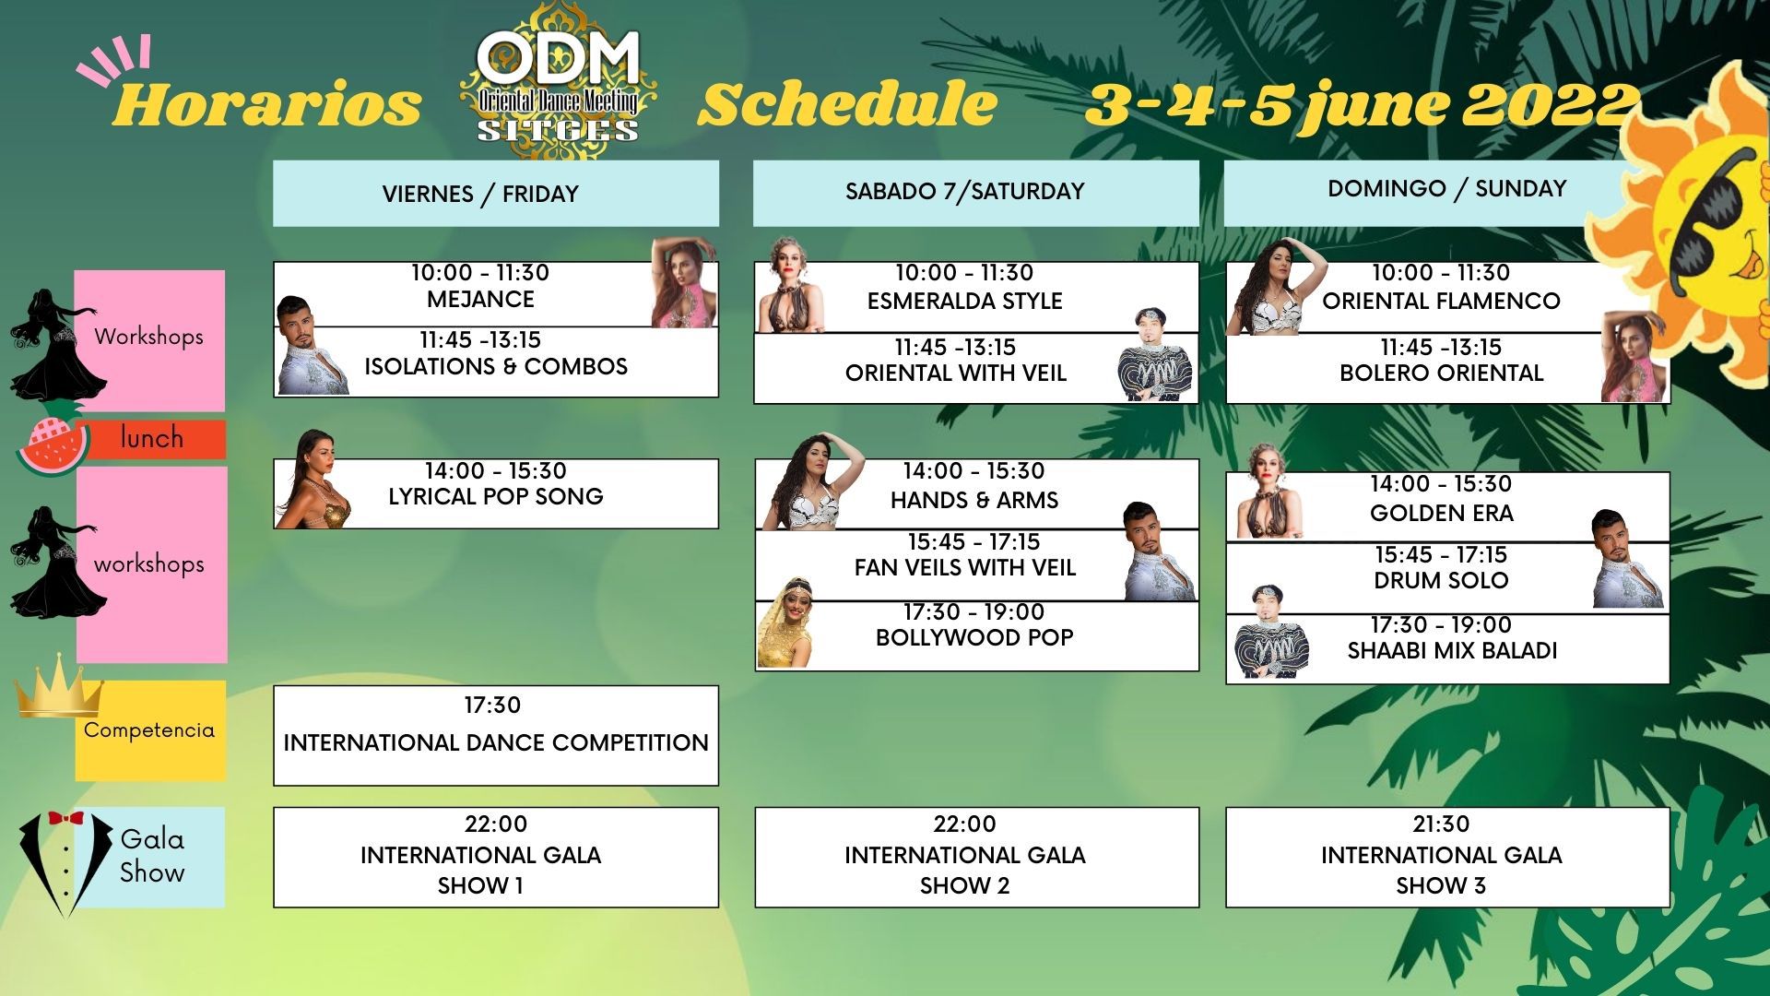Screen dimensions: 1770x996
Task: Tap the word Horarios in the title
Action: pos(267,103)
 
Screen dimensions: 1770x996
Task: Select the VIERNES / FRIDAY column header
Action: pos(496,194)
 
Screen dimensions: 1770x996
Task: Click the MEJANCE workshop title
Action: pos(480,300)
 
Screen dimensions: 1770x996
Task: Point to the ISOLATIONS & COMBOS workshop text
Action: pos(496,367)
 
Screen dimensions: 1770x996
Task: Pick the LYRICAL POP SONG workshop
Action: pos(496,497)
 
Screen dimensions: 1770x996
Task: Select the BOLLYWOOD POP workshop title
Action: pos(974,638)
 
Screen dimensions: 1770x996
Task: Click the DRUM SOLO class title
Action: pos(1441,581)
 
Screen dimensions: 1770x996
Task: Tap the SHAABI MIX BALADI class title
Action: pos(1452,651)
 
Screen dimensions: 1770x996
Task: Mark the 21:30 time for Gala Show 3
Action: pos(1441,824)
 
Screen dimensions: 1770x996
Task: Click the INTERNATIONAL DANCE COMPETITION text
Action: pos(496,743)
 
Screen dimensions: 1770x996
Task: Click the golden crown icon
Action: pos(59,687)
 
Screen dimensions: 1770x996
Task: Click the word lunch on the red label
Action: pos(152,438)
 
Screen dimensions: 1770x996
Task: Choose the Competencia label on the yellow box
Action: pos(149,730)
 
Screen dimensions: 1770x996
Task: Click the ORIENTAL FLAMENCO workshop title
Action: pos(1441,302)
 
